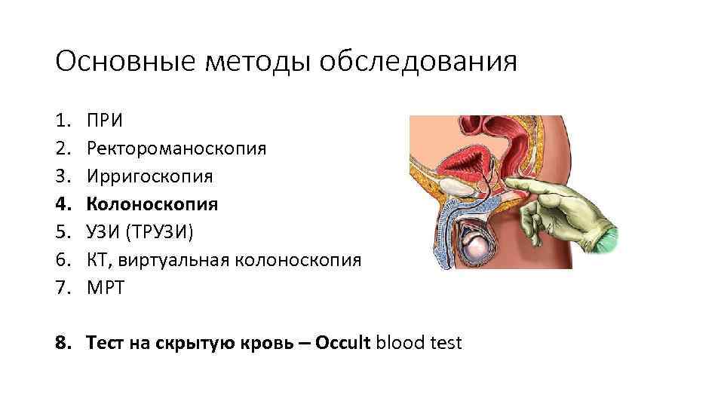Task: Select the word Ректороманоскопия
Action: pyautogui.click(x=176, y=148)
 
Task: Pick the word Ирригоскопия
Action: pyautogui.click(x=149, y=176)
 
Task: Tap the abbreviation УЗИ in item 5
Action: pyautogui.click(x=104, y=232)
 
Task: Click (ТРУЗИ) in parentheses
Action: pyautogui.click(x=160, y=232)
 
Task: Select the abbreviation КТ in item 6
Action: pyautogui.click(x=98, y=260)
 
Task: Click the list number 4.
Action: pyautogui.click(x=61, y=204)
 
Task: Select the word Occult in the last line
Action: pyautogui.click(x=343, y=344)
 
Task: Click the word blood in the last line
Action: pyautogui.click(x=400, y=344)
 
